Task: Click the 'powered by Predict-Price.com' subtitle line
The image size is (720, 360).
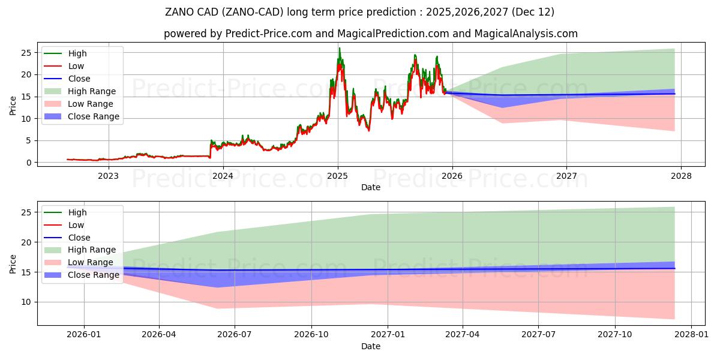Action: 370,34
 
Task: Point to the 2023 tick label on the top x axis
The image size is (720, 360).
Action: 108,176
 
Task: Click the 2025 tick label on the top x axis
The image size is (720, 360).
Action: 337,176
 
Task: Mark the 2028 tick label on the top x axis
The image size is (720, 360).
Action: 681,176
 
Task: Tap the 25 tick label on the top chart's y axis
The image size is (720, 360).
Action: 26,53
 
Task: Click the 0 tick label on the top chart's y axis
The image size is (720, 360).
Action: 28,163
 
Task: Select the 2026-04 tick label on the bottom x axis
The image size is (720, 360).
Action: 159,334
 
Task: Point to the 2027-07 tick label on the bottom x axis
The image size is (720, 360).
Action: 538,334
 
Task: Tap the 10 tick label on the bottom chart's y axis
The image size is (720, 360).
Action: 26,302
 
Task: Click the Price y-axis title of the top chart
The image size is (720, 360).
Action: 13,106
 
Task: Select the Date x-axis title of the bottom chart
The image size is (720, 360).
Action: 370,346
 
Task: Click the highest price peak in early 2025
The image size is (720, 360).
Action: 340,49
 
